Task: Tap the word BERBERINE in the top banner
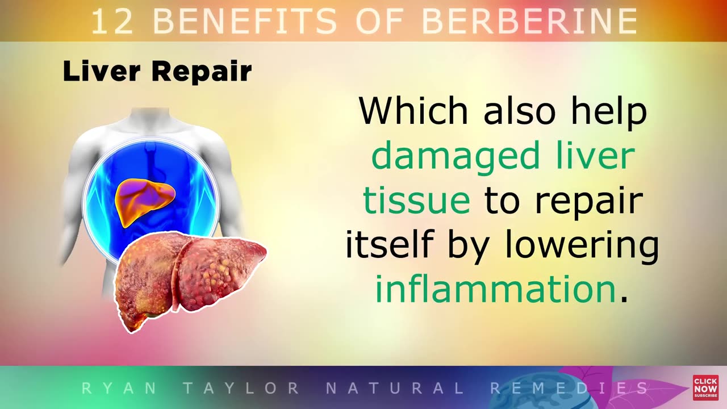[x=529, y=22]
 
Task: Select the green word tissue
[x=416, y=201]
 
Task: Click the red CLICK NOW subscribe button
[x=705, y=387]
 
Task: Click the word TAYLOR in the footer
[x=241, y=389]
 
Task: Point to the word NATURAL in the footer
[x=395, y=389]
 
